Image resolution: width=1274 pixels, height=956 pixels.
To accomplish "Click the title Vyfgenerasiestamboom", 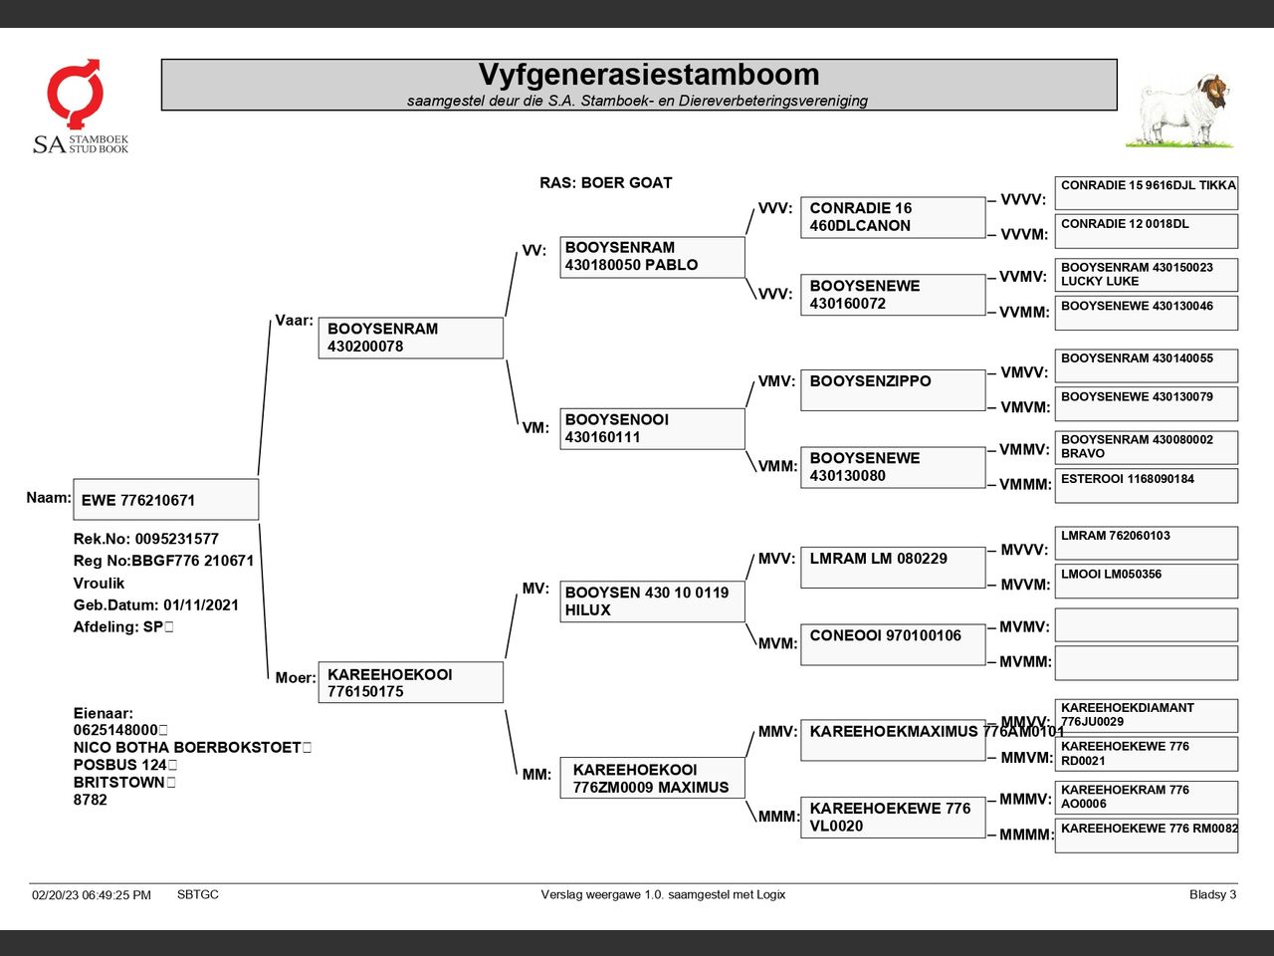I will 648,75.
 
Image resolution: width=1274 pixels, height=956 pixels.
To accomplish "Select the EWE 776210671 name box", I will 165,500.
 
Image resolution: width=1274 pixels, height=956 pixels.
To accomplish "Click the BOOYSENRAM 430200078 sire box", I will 410,338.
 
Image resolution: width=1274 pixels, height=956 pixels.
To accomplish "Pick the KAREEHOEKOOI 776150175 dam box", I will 410,682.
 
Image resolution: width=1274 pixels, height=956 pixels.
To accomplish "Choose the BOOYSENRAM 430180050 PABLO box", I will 652,257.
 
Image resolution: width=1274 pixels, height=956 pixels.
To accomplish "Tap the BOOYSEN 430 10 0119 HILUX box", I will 652,601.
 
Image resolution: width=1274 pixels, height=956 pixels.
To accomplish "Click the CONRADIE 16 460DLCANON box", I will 893,217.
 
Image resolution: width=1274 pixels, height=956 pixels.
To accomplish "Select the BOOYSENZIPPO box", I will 893,390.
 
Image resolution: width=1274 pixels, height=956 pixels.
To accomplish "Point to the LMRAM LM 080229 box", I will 893,568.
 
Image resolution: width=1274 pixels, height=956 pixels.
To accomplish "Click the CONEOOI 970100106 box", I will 893,644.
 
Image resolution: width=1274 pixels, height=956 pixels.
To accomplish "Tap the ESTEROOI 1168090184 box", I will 1146,485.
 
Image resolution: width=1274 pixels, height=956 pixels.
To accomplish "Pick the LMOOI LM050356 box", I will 1146,581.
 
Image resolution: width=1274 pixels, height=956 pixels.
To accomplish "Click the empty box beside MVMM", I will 1146,662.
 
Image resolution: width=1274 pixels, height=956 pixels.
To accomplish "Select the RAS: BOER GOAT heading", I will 605,183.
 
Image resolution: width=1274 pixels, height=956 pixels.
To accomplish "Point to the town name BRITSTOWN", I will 118,783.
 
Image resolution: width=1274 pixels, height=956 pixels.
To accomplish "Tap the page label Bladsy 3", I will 1212,894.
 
